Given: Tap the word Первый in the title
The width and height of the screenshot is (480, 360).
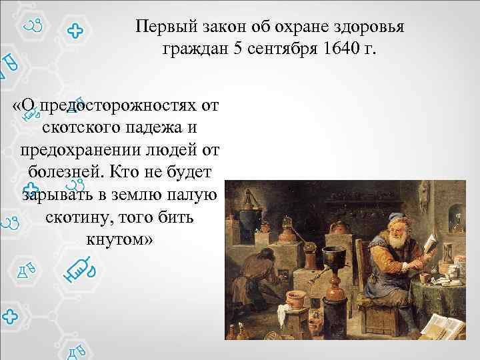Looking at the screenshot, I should coord(159,27).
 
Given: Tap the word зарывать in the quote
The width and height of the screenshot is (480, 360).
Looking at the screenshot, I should coord(55,194).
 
